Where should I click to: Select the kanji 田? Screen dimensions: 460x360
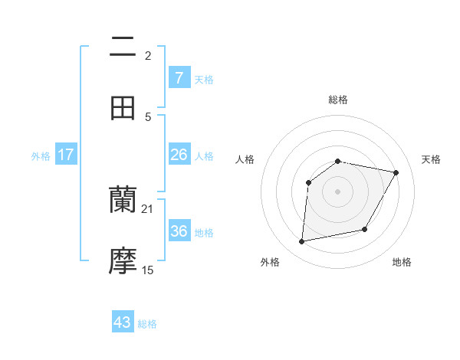[123, 108]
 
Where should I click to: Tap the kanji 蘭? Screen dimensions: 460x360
[123, 200]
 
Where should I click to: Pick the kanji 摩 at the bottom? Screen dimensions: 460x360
[123, 261]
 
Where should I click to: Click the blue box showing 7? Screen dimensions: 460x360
[179, 77]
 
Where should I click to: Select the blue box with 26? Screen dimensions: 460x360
[179, 155]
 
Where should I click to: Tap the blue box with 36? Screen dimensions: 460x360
[179, 231]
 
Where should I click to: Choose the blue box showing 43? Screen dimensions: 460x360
[123, 322]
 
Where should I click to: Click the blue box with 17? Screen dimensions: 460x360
[66, 155]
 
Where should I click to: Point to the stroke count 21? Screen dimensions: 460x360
[148, 208]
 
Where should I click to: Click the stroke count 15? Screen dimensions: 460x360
[148, 270]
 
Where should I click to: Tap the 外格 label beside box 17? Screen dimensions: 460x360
[41, 156]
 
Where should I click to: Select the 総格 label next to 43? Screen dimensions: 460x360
[147, 324]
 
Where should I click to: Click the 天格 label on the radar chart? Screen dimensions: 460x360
[431, 159]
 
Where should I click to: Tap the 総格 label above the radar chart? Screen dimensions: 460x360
[338, 100]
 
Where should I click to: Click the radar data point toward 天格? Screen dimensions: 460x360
[396, 173]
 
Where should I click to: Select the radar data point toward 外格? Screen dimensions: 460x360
[302, 242]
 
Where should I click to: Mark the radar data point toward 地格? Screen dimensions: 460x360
[365, 229]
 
